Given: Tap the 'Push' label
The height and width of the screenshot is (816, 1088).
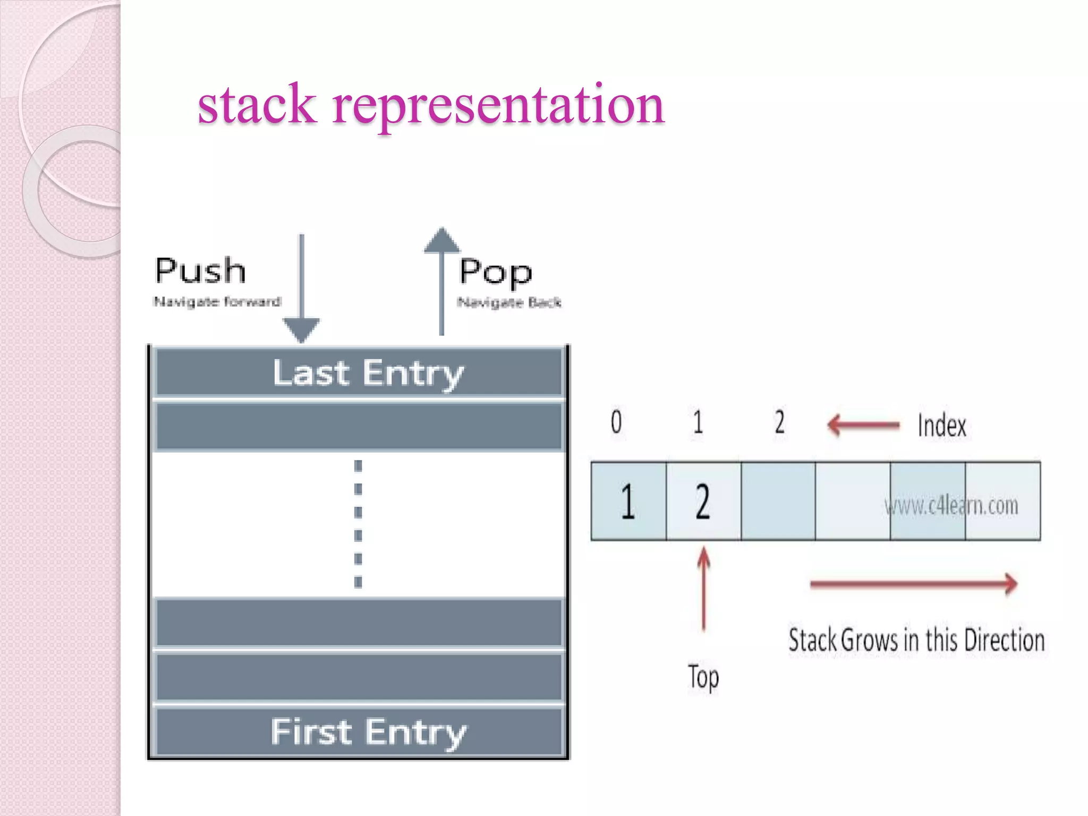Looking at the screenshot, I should (x=200, y=271).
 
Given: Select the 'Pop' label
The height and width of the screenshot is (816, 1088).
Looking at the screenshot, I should (x=495, y=272).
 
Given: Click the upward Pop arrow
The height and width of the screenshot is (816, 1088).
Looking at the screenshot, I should (x=441, y=282).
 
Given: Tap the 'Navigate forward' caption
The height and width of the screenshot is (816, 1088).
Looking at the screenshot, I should (x=217, y=302).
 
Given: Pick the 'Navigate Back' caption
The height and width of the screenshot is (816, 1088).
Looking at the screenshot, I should (x=509, y=303).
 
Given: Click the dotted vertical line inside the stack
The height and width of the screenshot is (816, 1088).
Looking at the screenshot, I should (x=358, y=524).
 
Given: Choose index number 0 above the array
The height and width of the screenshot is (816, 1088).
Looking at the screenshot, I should (x=616, y=422).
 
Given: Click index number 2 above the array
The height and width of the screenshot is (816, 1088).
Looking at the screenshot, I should (x=779, y=422).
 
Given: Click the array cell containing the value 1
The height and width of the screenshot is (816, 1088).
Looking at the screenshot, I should (x=628, y=501).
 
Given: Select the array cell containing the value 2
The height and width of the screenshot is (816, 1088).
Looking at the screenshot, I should (x=703, y=501).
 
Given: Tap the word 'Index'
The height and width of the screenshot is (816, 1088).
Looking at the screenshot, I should (x=942, y=426).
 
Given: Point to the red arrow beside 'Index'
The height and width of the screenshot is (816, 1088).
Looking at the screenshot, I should (x=863, y=425).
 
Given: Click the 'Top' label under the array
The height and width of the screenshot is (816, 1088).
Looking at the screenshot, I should (x=703, y=678).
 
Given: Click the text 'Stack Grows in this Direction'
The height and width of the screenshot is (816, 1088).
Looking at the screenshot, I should (x=916, y=640).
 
